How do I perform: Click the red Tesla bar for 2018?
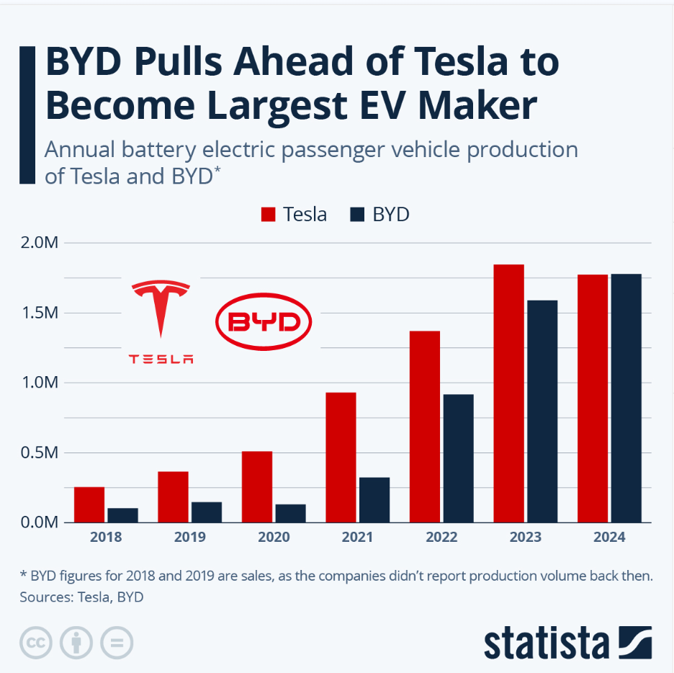pos(89,504)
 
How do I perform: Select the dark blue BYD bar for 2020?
pos(290,513)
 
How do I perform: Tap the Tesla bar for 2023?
pos(508,393)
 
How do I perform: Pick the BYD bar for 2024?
pos(626,398)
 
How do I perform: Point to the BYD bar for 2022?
pos(458,458)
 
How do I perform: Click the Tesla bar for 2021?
pos(341,457)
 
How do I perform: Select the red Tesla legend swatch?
pos(269,215)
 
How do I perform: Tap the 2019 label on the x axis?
pos(190,538)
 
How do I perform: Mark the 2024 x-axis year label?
pos(609,538)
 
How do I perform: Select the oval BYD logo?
pos(264,321)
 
